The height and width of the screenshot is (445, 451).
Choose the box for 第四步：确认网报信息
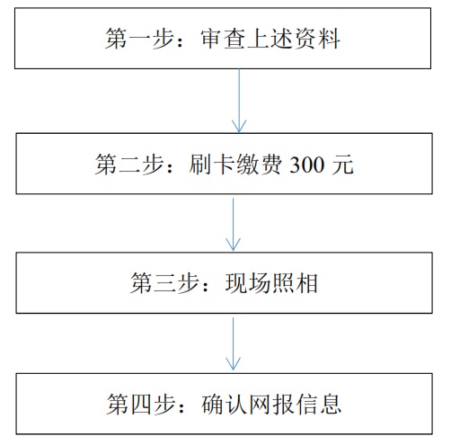(225, 401)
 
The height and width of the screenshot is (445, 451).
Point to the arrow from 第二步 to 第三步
(234, 224)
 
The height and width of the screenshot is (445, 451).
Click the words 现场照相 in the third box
(270, 285)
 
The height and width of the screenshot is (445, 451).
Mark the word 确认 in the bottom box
(221, 401)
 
